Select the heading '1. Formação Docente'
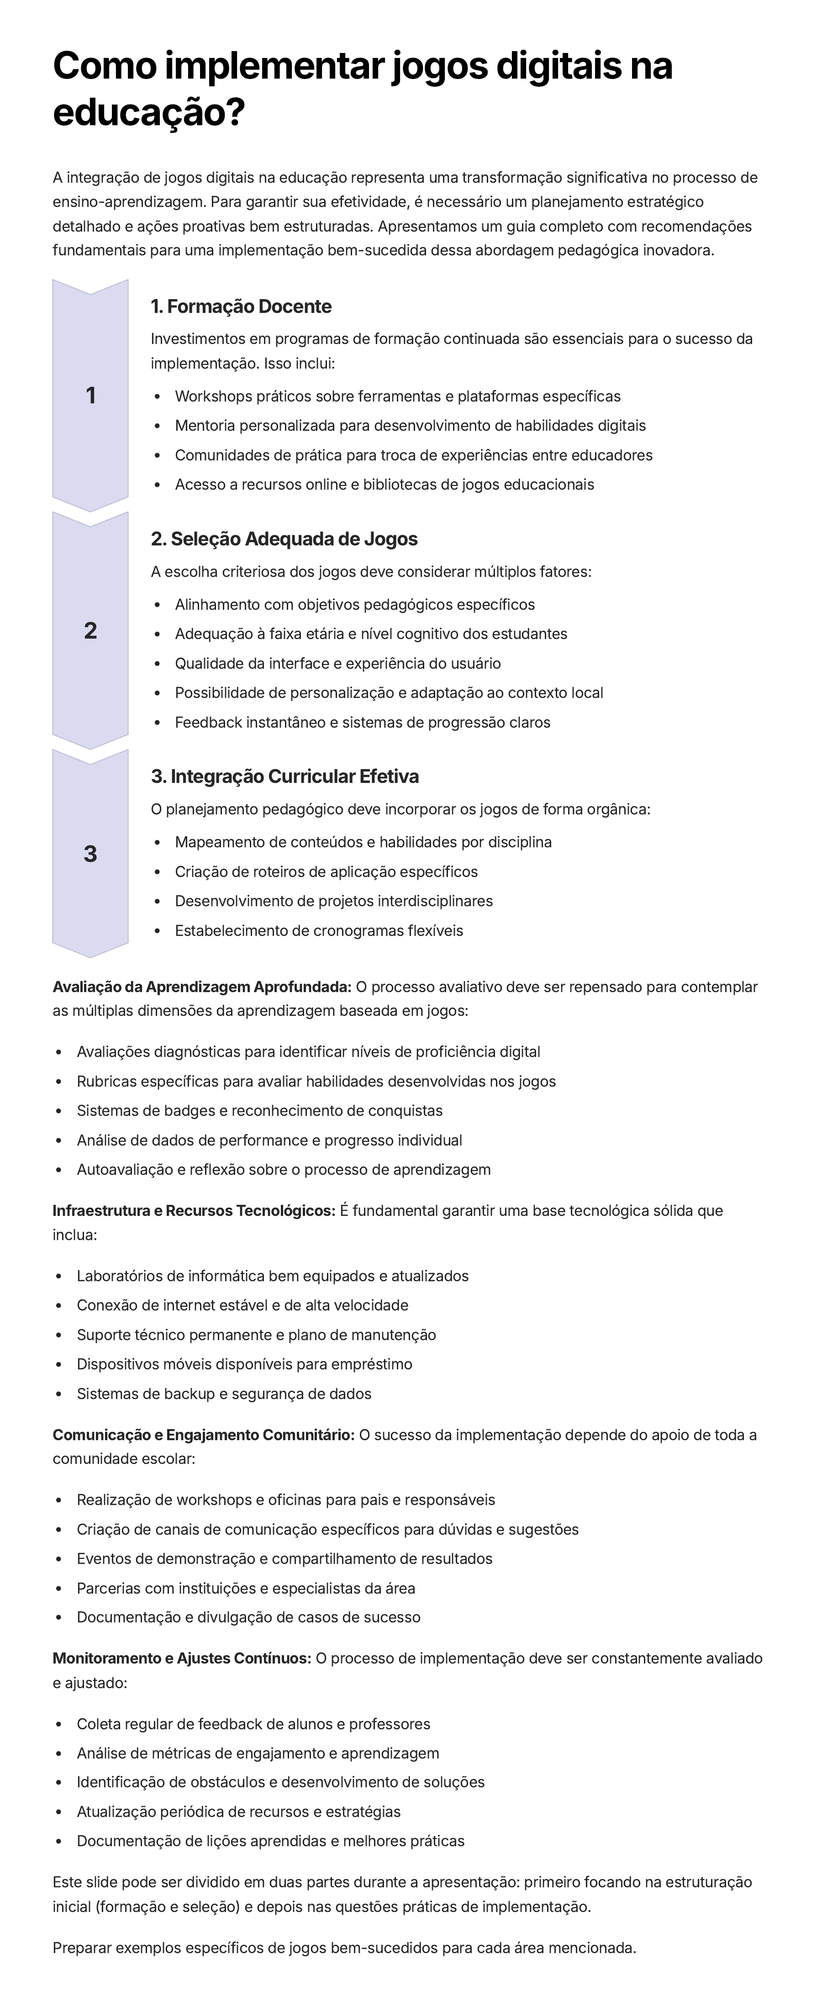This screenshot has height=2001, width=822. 241,307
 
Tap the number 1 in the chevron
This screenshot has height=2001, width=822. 90,396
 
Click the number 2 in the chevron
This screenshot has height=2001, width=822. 90,631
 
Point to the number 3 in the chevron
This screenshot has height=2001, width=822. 90,855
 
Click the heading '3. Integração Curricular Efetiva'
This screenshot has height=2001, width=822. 285,777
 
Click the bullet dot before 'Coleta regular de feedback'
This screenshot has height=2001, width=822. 59,1725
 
